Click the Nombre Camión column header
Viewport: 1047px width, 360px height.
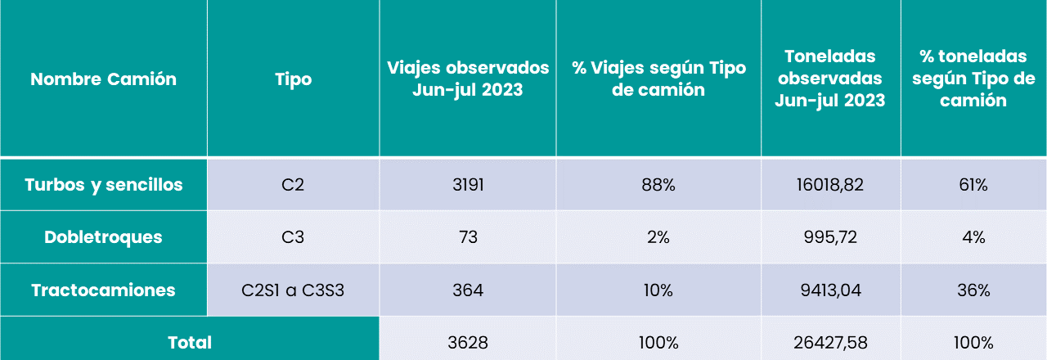point(103,79)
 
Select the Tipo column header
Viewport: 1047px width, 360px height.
point(293,79)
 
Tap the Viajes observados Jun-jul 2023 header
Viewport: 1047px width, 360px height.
point(468,79)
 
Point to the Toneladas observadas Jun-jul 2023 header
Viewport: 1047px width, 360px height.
point(830,79)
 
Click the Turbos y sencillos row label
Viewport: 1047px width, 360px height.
point(103,185)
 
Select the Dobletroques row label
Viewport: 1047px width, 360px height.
point(103,237)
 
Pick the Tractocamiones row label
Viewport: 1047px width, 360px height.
point(103,290)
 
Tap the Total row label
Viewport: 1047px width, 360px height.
point(189,342)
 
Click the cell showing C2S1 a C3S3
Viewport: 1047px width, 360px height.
point(293,290)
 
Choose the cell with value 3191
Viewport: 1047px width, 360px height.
point(468,185)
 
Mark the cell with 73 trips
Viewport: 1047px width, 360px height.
point(468,237)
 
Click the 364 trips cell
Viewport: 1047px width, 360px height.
point(468,290)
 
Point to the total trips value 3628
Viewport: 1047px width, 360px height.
point(468,342)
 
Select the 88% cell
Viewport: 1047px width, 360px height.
point(658,185)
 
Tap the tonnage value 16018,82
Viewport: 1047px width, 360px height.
point(830,185)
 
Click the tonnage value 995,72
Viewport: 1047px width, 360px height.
point(830,237)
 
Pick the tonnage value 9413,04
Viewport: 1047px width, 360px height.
point(830,290)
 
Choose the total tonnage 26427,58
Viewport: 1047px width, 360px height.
point(830,342)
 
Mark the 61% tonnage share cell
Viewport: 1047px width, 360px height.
point(973,185)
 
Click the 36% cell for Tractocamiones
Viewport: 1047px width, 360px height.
point(973,290)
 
